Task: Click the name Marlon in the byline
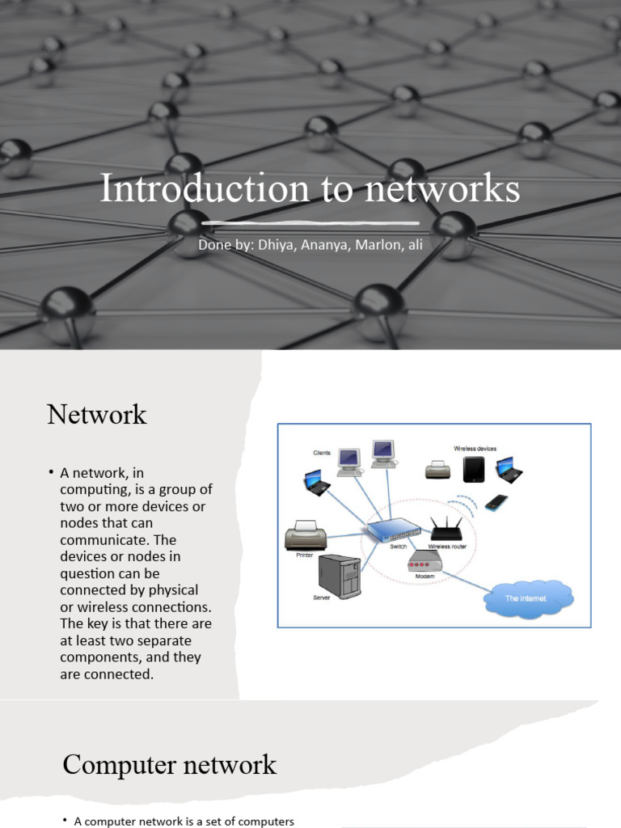pos(370,244)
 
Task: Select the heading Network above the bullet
pos(96,415)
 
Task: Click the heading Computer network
pos(169,764)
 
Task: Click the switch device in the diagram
pos(394,530)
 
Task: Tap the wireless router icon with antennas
pos(446,530)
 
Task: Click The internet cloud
pos(527,598)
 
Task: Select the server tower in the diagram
pos(340,576)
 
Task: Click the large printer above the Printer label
pos(306,535)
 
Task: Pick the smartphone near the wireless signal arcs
pos(496,502)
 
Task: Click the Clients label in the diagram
pos(323,453)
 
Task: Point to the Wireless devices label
pos(475,448)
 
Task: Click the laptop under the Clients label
pos(317,483)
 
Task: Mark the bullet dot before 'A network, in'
pos(51,471)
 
